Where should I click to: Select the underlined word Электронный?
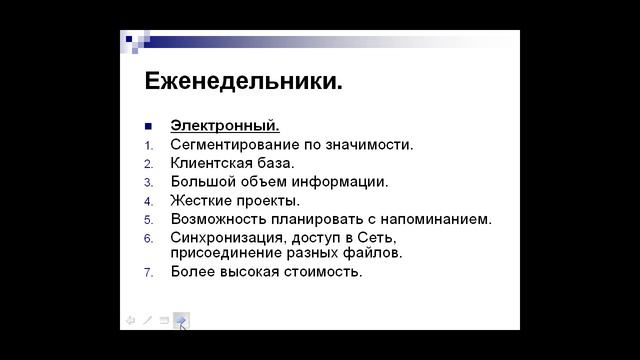click(x=225, y=126)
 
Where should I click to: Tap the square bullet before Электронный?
click(x=148, y=126)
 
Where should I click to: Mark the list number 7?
click(x=147, y=272)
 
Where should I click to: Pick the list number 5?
click(x=147, y=219)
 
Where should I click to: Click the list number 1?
click(x=147, y=145)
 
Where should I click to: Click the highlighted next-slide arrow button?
click(x=180, y=320)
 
